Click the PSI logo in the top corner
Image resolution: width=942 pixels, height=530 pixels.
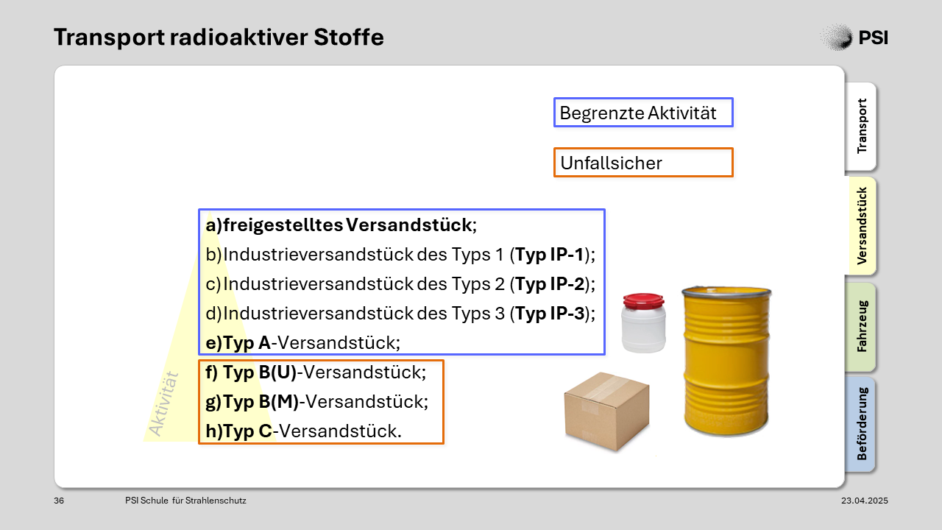pyautogui.click(x=854, y=37)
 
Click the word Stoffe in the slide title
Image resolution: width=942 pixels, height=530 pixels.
pyautogui.click(x=349, y=37)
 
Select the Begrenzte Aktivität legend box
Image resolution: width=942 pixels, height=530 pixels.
pyautogui.click(x=643, y=113)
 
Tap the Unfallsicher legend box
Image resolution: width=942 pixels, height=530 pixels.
pyautogui.click(x=643, y=163)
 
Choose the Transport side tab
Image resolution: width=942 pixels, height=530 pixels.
pyautogui.click(x=861, y=126)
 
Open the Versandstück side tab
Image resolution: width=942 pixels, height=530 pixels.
pyautogui.click(x=861, y=226)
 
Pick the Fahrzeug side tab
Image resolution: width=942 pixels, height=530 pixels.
pyautogui.click(x=861, y=326)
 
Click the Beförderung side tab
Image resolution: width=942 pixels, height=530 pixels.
pyautogui.click(x=861, y=424)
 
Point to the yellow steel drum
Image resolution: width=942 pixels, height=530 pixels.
pyautogui.click(x=726, y=361)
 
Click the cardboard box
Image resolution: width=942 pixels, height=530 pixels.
pyautogui.click(x=607, y=411)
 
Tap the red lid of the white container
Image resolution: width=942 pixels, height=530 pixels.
pyautogui.click(x=643, y=301)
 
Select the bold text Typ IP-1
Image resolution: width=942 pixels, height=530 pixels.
pyautogui.click(x=549, y=255)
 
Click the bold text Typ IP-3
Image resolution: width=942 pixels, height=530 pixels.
pyautogui.click(x=550, y=314)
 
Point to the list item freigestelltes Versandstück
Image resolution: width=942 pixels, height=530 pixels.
pyautogui.click(x=341, y=225)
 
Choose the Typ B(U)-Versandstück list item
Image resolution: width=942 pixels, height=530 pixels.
pyautogui.click(x=316, y=372)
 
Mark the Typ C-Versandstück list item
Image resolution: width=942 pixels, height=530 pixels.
pyautogui.click(x=304, y=431)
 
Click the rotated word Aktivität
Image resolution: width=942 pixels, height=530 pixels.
pyautogui.click(x=164, y=404)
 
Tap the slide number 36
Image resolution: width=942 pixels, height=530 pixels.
pyautogui.click(x=59, y=501)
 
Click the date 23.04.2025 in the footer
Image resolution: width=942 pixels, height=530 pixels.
pyautogui.click(x=865, y=501)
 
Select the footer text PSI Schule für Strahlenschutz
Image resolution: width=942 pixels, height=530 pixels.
pyautogui.click(x=185, y=501)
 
